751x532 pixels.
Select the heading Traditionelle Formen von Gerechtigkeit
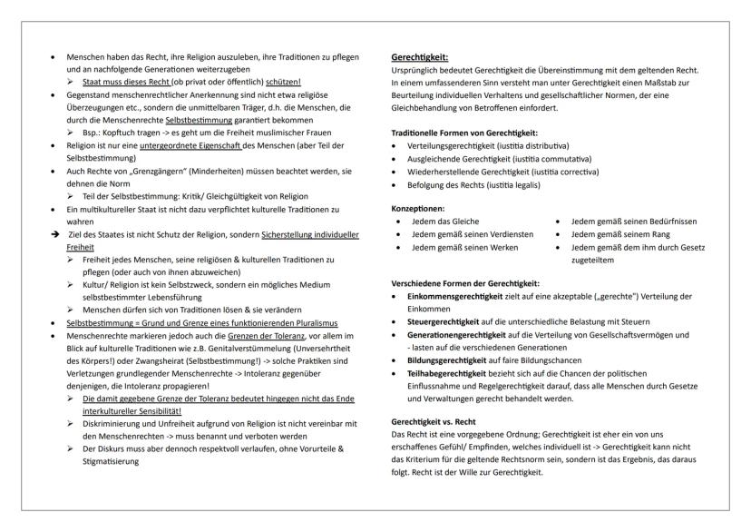461,133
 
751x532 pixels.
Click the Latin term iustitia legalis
508,184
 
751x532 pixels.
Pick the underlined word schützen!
261,81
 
